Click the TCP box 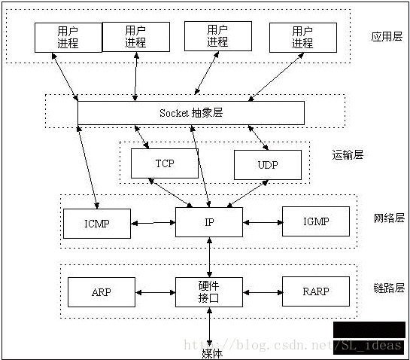coord(164,163)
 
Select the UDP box coord(267,165)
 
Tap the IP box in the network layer coord(209,222)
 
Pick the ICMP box coord(97,223)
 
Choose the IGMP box coord(316,222)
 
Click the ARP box coord(101,291)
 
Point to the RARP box coord(316,291)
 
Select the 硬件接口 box coord(209,291)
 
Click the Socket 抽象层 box coord(191,113)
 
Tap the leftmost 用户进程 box coord(68,37)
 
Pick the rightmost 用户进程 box coord(302,37)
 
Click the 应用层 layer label coord(387,37)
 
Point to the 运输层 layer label coord(348,154)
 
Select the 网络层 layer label coord(389,218)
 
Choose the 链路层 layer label coord(389,288)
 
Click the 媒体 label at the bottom coord(212,352)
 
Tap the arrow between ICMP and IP coord(153,223)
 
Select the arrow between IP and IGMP coord(263,222)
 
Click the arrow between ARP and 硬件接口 coord(155,291)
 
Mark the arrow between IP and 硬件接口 coord(209,257)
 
